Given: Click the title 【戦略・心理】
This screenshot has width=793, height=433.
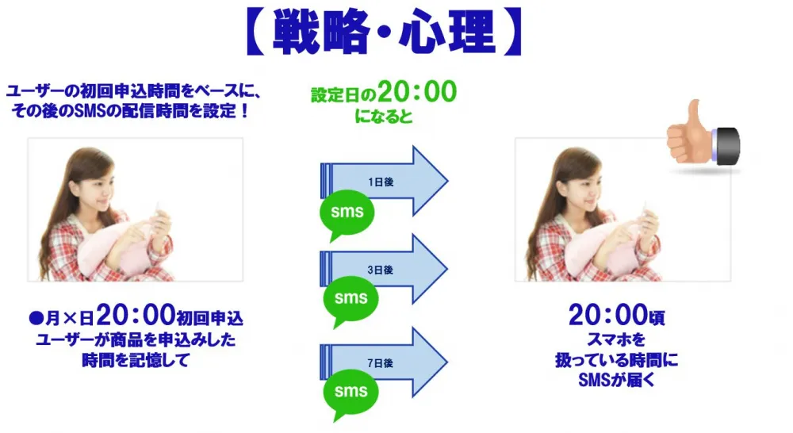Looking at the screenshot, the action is click(x=383, y=32).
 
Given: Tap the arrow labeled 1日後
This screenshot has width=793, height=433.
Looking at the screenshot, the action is click(x=385, y=181).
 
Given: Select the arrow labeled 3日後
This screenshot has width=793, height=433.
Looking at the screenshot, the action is click(x=385, y=269).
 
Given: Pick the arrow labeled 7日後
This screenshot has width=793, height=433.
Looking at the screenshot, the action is click(x=385, y=362).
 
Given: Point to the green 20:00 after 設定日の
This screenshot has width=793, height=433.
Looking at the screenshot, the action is click(x=417, y=91).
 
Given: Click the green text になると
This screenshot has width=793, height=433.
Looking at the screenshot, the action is click(x=384, y=117).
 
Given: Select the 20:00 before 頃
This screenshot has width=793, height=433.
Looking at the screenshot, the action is click(x=608, y=315).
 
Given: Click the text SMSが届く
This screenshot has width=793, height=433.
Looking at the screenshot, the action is click(x=616, y=379).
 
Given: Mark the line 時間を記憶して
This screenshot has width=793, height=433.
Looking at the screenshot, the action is click(x=136, y=360).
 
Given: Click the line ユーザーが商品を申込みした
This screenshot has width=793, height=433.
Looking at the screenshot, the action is click(x=136, y=339).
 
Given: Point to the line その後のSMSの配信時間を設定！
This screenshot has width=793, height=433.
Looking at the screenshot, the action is click(x=131, y=110).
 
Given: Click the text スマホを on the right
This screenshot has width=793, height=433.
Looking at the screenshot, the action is click(x=616, y=339).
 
